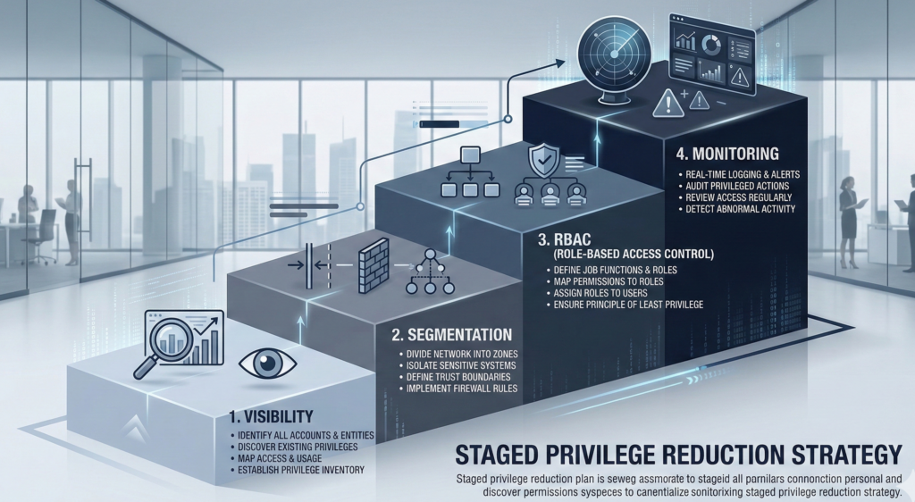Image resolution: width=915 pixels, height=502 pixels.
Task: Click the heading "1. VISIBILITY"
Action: [x=273, y=416]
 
